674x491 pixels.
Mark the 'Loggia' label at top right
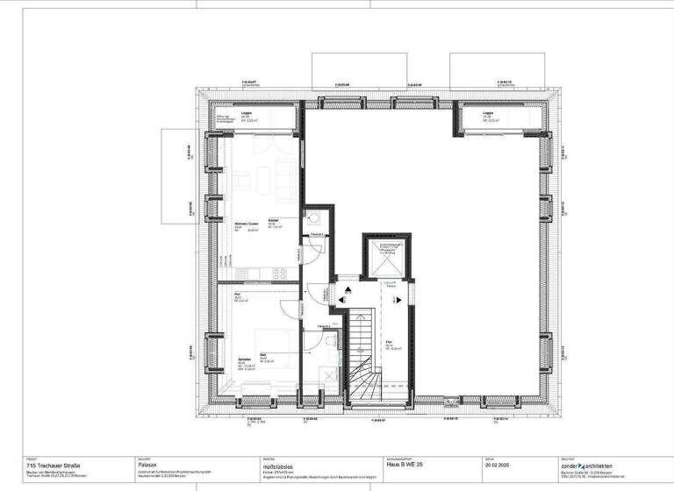(x=488, y=114)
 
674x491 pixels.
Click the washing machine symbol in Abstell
(x=313, y=218)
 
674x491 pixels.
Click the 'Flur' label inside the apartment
(x=237, y=296)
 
